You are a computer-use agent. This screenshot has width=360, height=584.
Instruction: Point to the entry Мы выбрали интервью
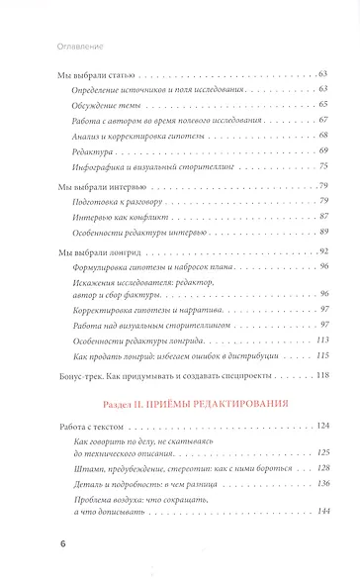click(98, 188)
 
